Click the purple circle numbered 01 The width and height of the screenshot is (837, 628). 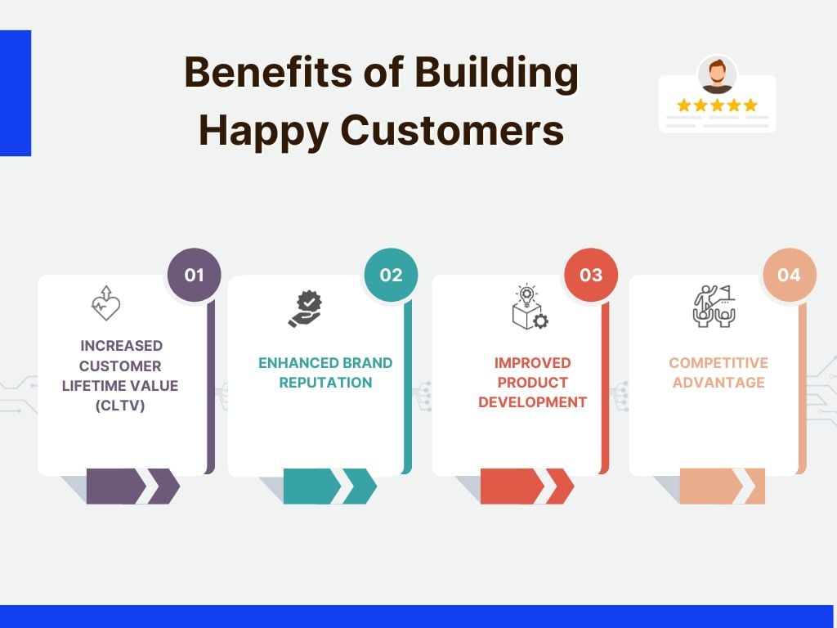194,275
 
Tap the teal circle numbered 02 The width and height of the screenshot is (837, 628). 391,275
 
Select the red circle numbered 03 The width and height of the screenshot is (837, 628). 591,275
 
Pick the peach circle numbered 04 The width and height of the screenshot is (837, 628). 789,275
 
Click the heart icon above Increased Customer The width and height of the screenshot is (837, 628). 105,303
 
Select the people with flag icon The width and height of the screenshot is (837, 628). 713,307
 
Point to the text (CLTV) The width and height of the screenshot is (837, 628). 120,405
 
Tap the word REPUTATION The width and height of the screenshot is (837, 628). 325,383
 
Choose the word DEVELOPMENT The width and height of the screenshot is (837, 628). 533,402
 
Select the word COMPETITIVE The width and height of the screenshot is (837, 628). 718,363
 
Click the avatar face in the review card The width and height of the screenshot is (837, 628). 717,75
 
